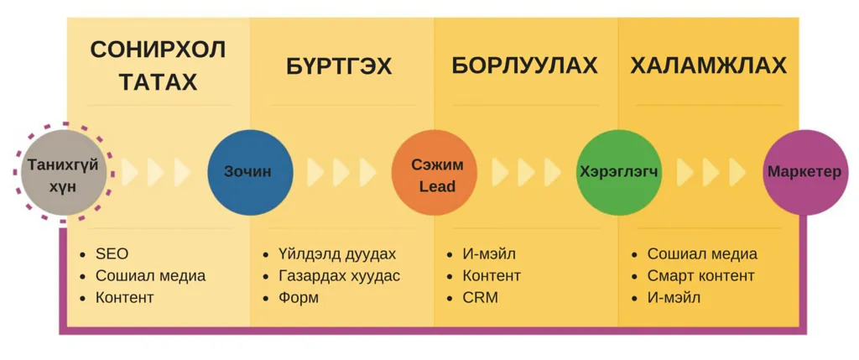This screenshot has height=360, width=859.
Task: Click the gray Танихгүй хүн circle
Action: (x=64, y=172)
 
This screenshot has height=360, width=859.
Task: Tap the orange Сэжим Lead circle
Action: (x=435, y=172)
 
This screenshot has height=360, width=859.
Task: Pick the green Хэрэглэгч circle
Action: (x=618, y=172)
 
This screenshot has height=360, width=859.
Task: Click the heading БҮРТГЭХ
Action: (x=339, y=66)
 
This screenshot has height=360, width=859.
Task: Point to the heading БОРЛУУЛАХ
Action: (x=524, y=65)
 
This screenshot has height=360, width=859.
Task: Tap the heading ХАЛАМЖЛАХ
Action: (x=708, y=65)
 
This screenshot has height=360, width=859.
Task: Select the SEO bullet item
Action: (x=112, y=254)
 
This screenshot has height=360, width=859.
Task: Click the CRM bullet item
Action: (x=481, y=298)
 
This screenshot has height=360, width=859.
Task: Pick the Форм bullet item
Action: (x=298, y=298)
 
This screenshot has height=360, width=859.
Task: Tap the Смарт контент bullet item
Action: (x=700, y=276)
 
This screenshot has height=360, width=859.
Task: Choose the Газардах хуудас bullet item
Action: (x=339, y=276)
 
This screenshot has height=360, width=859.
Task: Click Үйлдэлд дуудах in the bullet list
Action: (x=337, y=255)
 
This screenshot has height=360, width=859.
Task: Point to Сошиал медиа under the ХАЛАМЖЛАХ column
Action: (x=702, y=254)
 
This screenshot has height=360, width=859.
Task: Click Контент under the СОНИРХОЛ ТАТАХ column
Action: (x=125, y=298)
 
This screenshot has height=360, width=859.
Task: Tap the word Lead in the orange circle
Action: (x=437, y=186)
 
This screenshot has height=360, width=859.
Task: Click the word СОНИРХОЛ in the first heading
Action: (x=158, y=50)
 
